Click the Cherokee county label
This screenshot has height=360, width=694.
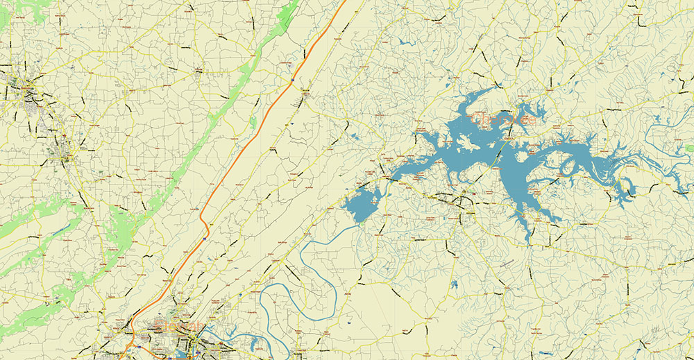[x=504, y=119]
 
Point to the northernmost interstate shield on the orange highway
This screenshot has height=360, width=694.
[x=292, y=81]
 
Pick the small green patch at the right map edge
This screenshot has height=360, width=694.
[x=689, y=148]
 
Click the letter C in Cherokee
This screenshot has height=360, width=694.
[x=476, y=120]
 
